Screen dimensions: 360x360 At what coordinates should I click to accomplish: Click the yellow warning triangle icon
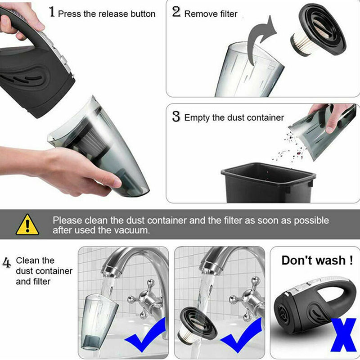point(27,225)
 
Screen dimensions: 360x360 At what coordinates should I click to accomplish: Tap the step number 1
point(52,12)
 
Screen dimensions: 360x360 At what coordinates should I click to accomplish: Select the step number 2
point(176,12)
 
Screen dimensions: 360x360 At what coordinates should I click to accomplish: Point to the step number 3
point(176,117)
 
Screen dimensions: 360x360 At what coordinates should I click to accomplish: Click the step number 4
point(7,263)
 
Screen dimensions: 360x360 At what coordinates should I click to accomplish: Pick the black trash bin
point(268,183)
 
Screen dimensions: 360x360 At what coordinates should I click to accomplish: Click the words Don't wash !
point(317,261)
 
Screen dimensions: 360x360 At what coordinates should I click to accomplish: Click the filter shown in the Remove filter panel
point(318,30)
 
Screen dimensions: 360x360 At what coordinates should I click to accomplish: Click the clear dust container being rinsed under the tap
point(98,321)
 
